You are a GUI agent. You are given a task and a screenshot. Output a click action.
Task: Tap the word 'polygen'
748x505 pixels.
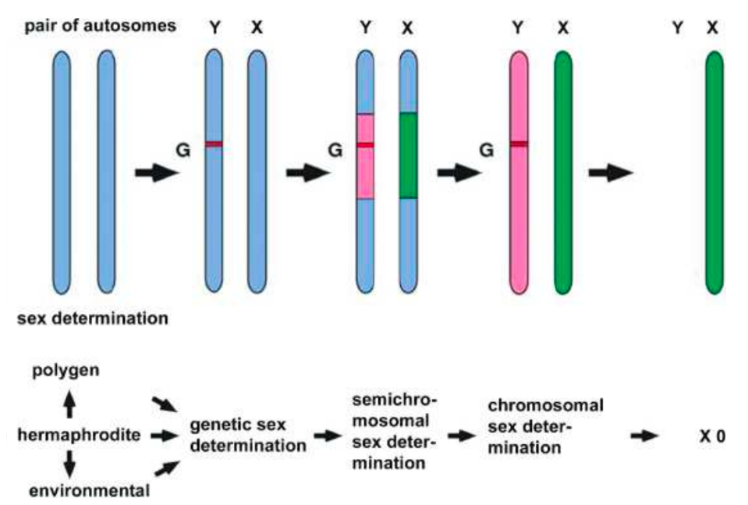click(66, 370)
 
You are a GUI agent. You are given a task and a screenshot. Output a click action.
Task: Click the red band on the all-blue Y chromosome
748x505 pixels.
click(214, 144)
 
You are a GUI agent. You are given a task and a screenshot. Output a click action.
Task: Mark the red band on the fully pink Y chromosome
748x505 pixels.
click(519, 144)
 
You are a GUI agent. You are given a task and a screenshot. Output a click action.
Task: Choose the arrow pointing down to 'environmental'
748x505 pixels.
click(69, 464)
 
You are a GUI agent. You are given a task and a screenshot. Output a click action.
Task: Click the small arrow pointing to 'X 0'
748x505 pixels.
click(645, 436)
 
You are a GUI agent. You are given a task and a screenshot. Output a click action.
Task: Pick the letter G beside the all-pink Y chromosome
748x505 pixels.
click(487, 148)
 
